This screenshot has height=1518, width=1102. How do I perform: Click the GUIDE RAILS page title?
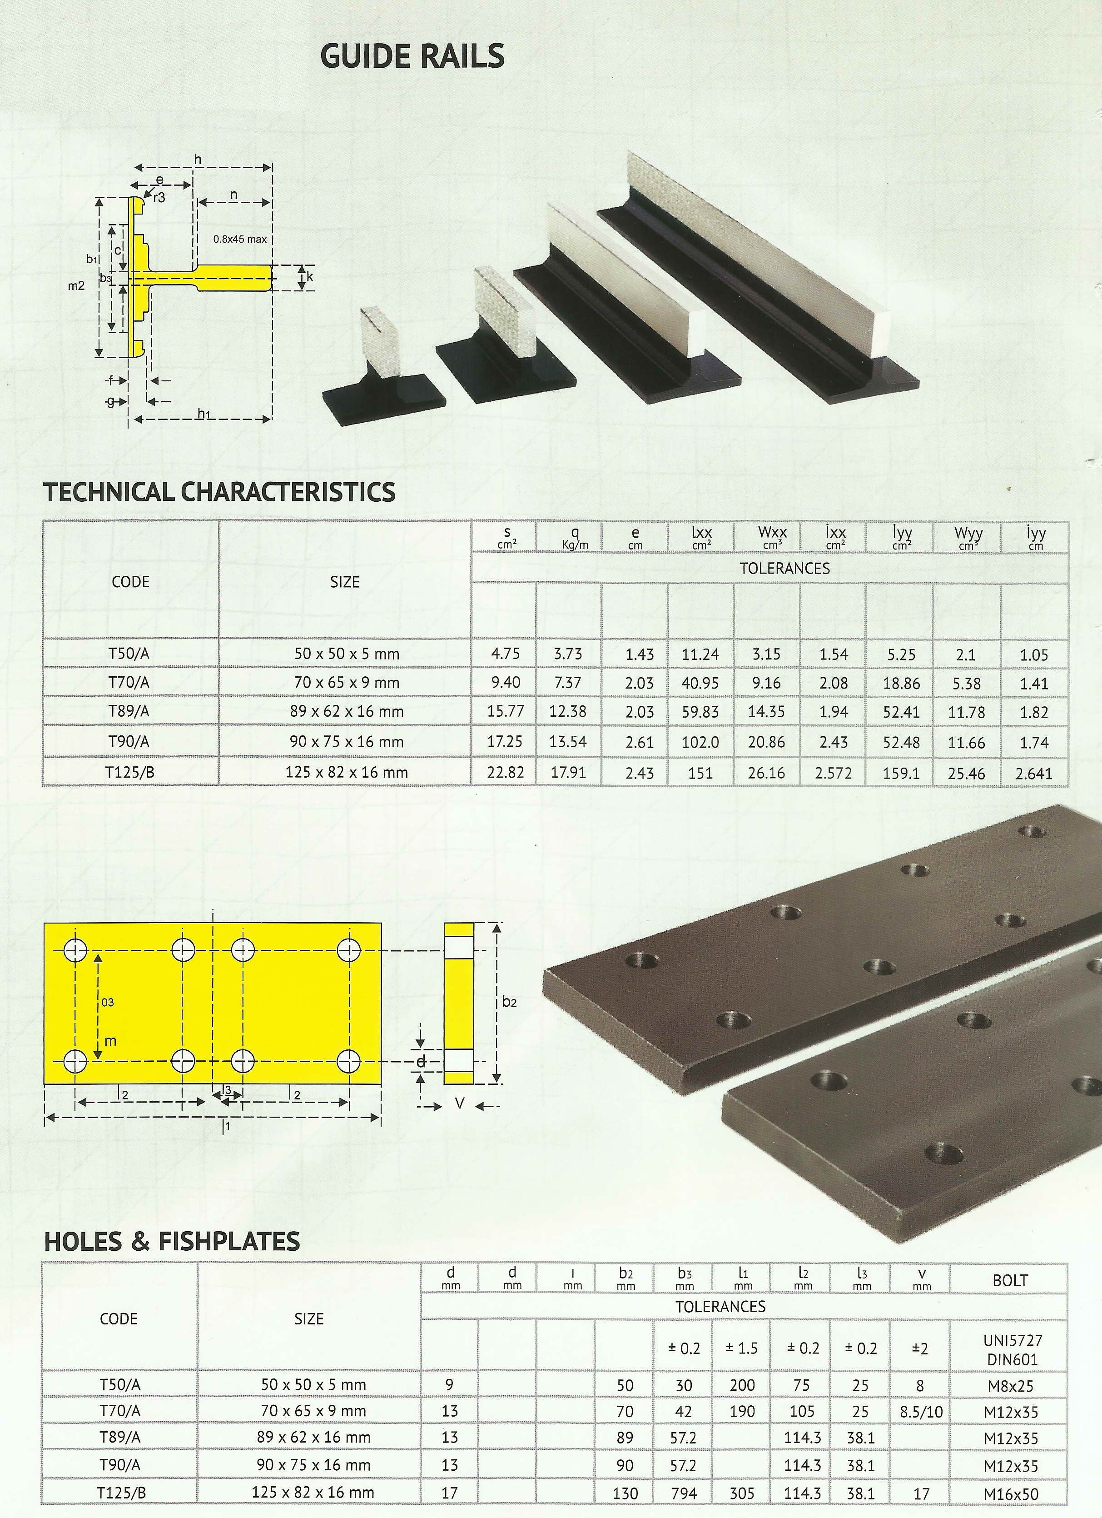point(412,56)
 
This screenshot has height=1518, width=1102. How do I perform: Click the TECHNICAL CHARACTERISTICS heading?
point(219,492)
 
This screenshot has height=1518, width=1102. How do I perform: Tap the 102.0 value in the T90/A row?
point(700,742)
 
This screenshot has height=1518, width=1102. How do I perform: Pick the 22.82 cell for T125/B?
point(506,772)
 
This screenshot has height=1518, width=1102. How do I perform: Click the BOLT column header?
point(1010,1280)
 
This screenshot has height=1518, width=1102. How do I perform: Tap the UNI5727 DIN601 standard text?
point(1010,1350)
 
